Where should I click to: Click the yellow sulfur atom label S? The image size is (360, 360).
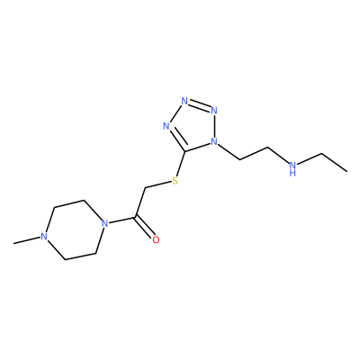175,181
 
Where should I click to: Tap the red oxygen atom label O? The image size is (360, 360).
156,239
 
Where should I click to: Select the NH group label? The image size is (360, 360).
292,168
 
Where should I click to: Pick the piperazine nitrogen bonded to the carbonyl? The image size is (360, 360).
104,223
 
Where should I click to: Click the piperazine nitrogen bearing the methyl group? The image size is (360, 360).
44,237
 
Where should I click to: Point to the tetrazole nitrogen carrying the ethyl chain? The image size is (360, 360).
214,141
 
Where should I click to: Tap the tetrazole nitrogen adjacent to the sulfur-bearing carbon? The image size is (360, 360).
166,126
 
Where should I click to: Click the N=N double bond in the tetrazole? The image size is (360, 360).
199,105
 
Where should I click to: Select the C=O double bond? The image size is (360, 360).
145,228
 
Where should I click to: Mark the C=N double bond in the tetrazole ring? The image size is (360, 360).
176,139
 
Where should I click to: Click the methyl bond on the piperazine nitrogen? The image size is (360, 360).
27,240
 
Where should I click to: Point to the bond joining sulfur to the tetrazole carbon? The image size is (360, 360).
181,163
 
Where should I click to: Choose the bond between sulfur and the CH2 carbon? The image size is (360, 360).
158,184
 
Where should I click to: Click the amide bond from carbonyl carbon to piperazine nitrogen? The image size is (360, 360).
122,220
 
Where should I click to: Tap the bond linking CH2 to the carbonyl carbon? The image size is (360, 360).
140,202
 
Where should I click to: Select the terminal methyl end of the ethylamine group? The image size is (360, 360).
346,172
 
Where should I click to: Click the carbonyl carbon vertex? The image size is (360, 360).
136,217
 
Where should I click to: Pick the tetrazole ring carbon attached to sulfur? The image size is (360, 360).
185,149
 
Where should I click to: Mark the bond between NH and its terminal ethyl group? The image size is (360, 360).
310,159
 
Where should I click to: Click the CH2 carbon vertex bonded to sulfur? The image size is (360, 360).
146,188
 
